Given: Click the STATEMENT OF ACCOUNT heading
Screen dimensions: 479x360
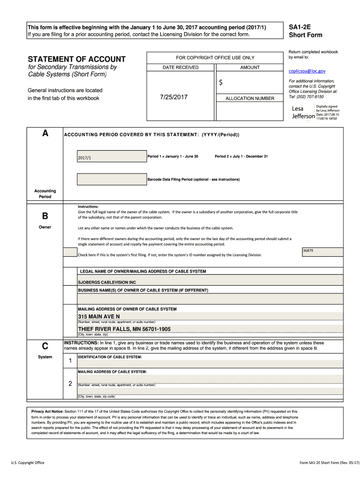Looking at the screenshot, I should pyautogui.click(x=77, y=59).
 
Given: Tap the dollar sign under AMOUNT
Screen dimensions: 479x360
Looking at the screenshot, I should pyautogui.click(x=221, y=82).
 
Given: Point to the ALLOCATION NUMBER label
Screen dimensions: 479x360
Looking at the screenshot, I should pyautogui.click(x=250, y=99).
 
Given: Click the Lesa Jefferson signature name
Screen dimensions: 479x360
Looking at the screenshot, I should pyautogui.click(x=302, y=112).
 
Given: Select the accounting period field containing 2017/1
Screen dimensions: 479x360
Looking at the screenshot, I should pyautogui.click(x=111, y=157).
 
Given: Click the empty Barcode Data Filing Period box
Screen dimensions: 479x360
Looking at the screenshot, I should pyautogui.click(x=111, y=179).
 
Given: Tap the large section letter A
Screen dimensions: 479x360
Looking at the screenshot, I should pyautogui.click(x=45, y=133).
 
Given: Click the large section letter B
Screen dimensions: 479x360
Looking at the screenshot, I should pyautogui.click(x=45, y=216).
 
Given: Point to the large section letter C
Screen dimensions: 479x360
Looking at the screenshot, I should pyautogui.click(x=45, y=346).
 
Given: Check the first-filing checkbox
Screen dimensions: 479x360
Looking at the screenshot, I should pyautogui.click(x=70, y=253).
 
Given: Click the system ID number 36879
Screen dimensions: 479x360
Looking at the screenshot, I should pyautogui.click(x=308, y=251).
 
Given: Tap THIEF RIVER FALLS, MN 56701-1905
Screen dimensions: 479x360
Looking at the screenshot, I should pyautogui.click(x=124, y=329).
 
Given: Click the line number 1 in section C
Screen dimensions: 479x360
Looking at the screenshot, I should pyautogui.click(x=70, y=361).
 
